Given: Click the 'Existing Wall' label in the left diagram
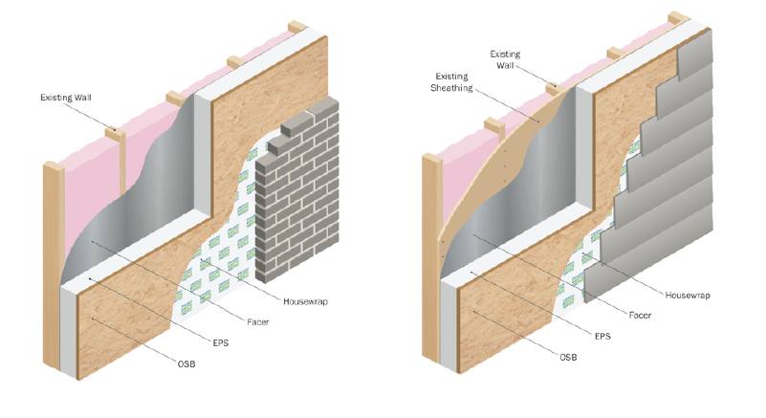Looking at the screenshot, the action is tap(65, 98).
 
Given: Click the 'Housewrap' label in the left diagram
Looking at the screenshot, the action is tap(305, 301).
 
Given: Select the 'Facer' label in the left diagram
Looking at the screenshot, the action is tap(258, 322).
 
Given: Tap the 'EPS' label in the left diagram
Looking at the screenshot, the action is tap(221, 343).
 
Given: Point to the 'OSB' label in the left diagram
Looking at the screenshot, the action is tap(186, 364).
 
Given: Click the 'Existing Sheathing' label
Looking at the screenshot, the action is tap(452, 82).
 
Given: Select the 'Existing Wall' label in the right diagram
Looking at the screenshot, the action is tap(505, 59).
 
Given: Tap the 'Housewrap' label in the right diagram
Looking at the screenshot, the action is tap(688, 296).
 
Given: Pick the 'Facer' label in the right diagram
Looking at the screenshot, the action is tap(640, 316).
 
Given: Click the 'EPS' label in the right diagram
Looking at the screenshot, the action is tap(602, 337).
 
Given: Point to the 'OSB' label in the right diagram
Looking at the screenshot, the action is tap(568, 358).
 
